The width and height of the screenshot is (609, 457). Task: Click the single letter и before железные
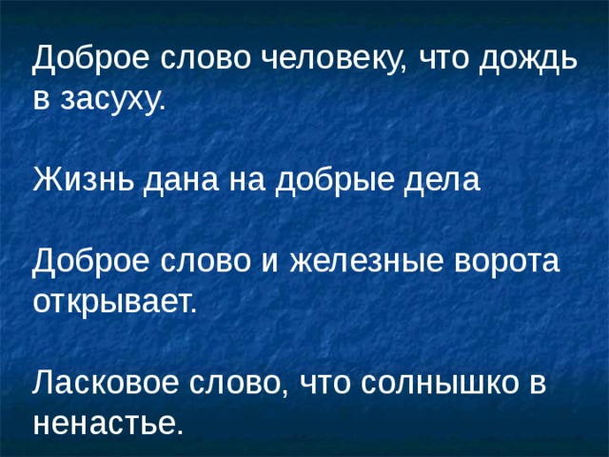[x=263, y=262]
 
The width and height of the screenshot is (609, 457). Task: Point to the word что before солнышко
[x=328, y=383]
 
